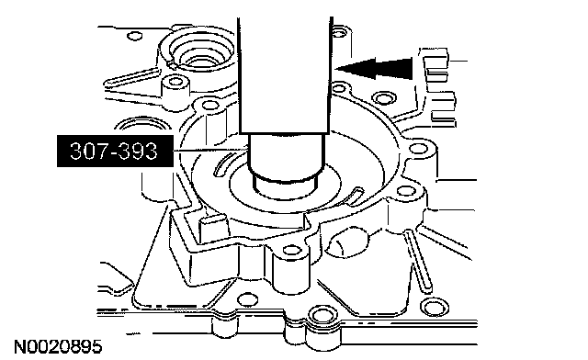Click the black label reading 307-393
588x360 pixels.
click(x=115, y=151)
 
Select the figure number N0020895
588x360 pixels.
click(x=58, y=347)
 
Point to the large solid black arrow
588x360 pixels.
click(x=374, y=69)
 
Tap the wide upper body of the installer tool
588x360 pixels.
click(x=285, y=75)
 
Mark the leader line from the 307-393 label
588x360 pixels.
click(x=210, y=150)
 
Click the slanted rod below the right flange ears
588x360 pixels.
click(x=417, y=261)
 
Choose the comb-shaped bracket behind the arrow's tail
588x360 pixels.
click(x=439, y=87)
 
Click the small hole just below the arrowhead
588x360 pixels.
click(x=339, y=89)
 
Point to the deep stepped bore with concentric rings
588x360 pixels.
click(x=198, y=52)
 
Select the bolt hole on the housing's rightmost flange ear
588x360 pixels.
click(x=418, y=149)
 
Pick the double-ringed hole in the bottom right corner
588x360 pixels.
click(x=435, y=309)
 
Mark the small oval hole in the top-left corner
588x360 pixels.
click(x=135, y=36)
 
